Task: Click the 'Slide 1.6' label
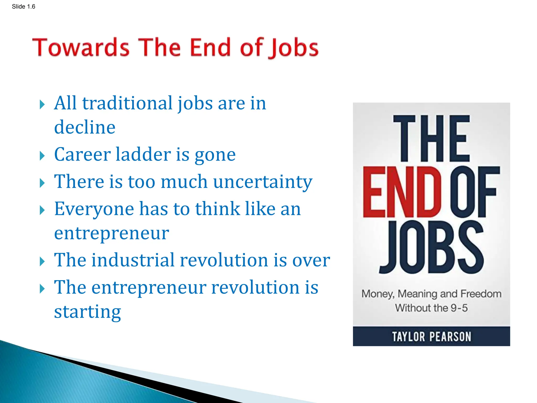click(x=23, y=7)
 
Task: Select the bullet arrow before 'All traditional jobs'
click(x=42, y=105)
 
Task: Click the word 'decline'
click(x=85, y=127)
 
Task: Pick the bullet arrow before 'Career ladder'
click(x=42, y=156)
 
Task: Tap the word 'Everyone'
click(x=94, y=209)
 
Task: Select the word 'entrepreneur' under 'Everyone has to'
click(x=111, y=233)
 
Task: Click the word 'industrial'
click(x=133, y=260)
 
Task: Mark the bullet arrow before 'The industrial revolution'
click(x=42, y=262)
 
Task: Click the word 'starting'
click(x=87, y=312)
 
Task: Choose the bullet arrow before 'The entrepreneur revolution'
click(x=42, y=289)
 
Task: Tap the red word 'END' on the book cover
click(x=402, y=192)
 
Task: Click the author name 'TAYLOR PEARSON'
click(x=431, y=337)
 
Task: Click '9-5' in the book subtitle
click(x=459, y=308)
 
